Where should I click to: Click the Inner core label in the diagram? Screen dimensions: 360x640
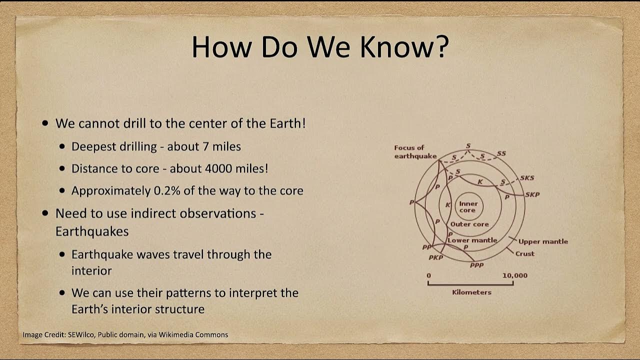pyautogui.click(x=468, y=207)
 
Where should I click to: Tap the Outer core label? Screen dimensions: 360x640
pyautogui.click(x=469, y=224)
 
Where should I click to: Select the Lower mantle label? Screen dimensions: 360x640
pyautogui.click(x=472, y=240)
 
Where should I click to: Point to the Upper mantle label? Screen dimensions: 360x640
pyautogui.click(x=543, y=241)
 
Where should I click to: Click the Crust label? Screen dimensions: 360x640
pyautogui.click(x=524, y=253)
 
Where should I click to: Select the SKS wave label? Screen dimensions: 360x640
pyautogui.click(x=527, y=178)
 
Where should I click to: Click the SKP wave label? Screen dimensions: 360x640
pyautogui.click(x=532, y=194)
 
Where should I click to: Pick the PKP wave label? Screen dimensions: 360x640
pyautogui.click(x=435, y=257)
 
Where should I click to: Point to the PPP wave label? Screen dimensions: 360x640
pyautogui.click(x=476, y=265)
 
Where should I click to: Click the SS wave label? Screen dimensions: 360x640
pyautogui.click(x=501, y=153)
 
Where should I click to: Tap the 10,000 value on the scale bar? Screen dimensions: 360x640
pyautogui.click(x=514, y=275)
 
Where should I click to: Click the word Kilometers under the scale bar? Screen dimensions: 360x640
pyautogui.click(x=471, y=292)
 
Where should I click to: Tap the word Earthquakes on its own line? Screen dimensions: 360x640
pyautogui.click(x=92, y=231)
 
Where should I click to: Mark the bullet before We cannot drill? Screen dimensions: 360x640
pyautogui.click(x=46, y=123)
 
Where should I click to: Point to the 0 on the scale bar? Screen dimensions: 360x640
pyautogui.click(x=428, y=275)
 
